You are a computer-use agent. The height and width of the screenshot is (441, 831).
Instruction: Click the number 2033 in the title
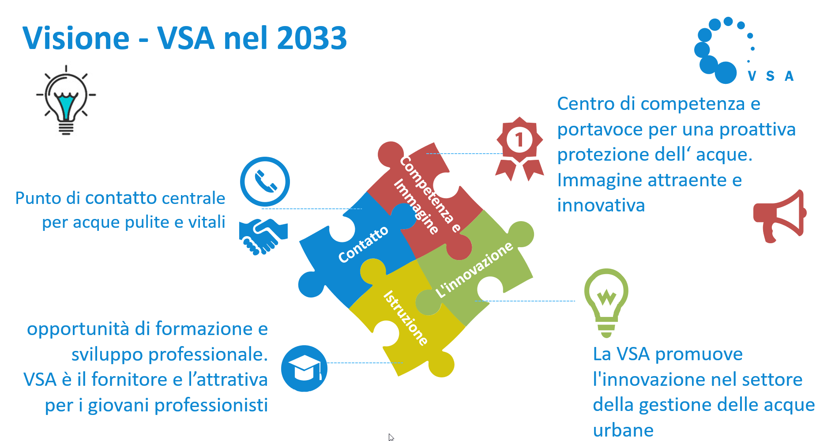click(x=312, y=38)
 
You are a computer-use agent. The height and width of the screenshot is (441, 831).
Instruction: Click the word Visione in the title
click(x=76, y=38)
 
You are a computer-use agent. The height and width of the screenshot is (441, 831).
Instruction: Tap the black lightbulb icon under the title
click(x=66, y=100)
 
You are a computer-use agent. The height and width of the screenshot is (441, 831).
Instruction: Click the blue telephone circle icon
click(x=265, y=181)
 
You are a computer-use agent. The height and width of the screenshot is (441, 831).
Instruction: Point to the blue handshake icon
click(x=263, y=237)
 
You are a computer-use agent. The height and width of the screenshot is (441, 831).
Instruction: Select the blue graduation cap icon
click(x=304, y=368)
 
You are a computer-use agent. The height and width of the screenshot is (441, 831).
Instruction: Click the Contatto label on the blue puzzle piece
click(x=363, y=244)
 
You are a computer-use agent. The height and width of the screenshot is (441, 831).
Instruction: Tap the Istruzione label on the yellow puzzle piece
click(x=406, y=318)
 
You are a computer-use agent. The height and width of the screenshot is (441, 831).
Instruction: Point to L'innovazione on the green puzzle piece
click(x=474, y=270)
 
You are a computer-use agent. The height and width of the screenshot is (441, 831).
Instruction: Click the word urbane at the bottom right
click(x=623, y=430)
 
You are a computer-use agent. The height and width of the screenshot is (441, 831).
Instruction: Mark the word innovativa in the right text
click(x=601, y=205)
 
